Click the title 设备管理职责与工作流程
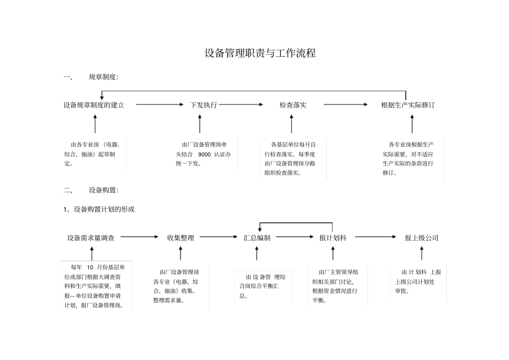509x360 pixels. tap(260, 54)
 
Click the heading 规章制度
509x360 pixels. tap(103, 77)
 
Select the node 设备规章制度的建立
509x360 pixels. tap(94, 105)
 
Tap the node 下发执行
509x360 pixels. tap(204, 105)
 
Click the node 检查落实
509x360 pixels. tap(293, 105)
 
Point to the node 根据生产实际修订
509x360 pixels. tap(408, 105)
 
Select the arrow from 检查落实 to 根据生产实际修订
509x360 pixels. tap(345, 105)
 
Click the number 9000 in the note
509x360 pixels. tap(204, 154)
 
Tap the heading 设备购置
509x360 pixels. tap(103, 190)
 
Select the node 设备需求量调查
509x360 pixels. tap(91, 238)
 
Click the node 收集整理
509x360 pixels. tap(181, 238)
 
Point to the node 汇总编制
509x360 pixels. tap(257, 238)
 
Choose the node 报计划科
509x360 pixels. tap(333, 238)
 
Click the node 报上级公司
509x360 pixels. tap(422, 238)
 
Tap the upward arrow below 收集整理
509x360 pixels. tap(181, 253)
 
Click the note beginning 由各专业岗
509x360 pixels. tap(93, 154)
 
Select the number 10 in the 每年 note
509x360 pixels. tap(90, 267)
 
